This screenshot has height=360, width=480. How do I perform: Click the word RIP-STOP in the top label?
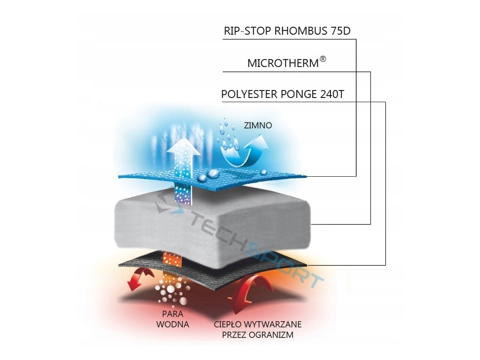tap(248, 32)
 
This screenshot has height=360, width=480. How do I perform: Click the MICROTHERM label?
tap(283, 63)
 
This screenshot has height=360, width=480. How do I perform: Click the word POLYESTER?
tap(249, 94)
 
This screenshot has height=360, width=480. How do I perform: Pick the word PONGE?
tap(299, 94)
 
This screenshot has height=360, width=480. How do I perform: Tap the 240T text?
tap(332, 94)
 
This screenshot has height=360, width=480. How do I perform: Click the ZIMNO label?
tap(258, 126)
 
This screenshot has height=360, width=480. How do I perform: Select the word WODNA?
tap(173, 324)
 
